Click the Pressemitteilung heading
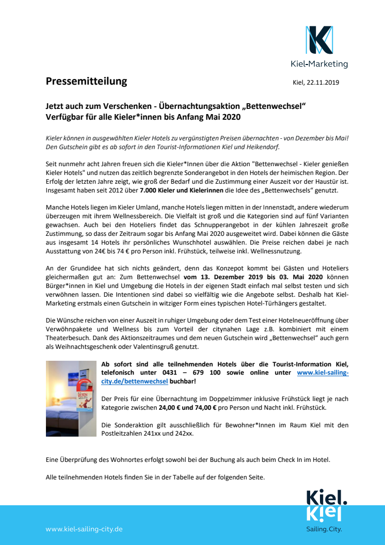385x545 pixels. [86, 81]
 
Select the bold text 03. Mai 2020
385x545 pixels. [302, 276]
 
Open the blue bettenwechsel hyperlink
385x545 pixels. [135, 381]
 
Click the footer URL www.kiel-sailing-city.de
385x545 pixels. [84, 529]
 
